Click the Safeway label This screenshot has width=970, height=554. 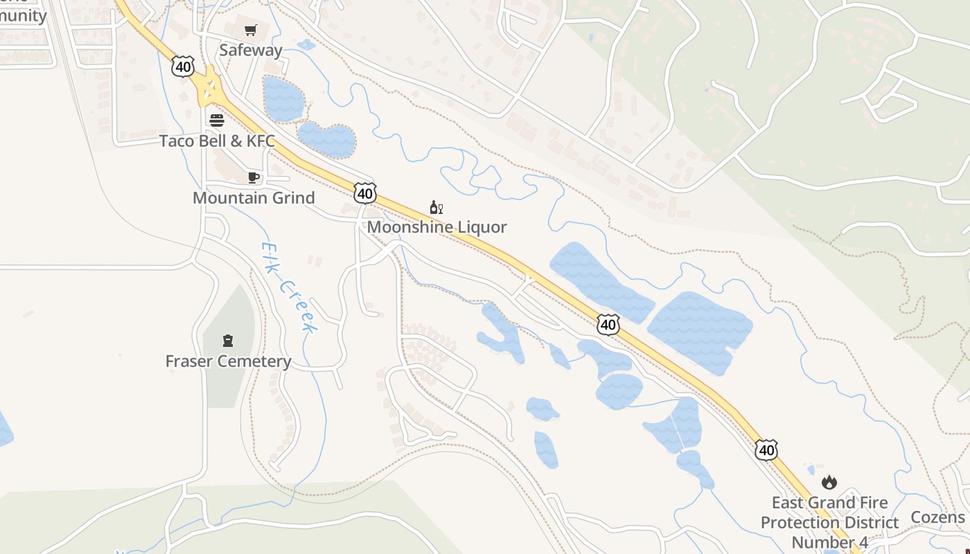(x=251, y=50)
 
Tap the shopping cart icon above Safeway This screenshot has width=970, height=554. (x=251, y=30)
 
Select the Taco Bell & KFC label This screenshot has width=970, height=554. (x=217, y=141)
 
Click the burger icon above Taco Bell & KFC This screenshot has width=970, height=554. (x=217, y=120)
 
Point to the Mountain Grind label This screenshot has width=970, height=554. (x=254, y=198)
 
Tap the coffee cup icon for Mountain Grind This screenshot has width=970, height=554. (x=254, y=178)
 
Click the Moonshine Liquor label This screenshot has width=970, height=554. (x=436, y=227)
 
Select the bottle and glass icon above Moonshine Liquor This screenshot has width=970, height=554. (x=436, y=207)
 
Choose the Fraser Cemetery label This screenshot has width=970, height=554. (x=228, y=361)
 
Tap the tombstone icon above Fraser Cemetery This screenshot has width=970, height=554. (x=228, y=341)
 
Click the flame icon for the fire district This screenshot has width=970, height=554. (x=829, y=482)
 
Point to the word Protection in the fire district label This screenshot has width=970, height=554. (x=829, y=522)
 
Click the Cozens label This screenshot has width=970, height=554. (x=937, y=517)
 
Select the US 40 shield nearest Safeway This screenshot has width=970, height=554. (x=183, y=67)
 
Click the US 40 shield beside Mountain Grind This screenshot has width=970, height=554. (x=365, y=193)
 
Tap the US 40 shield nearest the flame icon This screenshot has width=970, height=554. (x=766, y=450)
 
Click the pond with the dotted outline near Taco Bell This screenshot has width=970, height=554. (x=326, y=140)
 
